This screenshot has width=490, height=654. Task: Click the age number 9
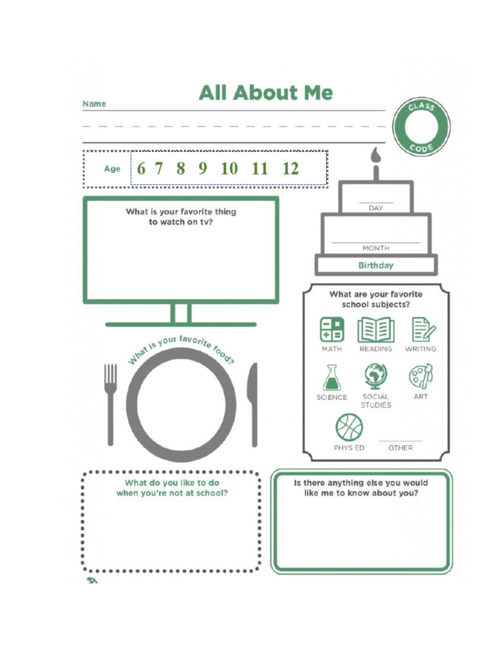[203, 169]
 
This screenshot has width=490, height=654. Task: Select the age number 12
[291, 169]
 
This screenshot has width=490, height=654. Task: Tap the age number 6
[141, 169]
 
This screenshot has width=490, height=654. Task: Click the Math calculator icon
[332, 330]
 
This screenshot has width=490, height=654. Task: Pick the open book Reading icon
[376, 330]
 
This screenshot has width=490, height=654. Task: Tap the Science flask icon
[332, 377]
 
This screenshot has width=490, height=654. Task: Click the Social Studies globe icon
[375, 376]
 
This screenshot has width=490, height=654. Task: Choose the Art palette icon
[421, 376]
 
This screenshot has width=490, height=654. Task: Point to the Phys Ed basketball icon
[349, 427]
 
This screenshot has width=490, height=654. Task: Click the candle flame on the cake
[376, 155]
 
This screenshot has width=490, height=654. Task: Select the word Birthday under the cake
[376, 265]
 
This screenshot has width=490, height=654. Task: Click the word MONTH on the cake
[376, 248]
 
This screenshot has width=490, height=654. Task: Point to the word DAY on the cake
[376, 208]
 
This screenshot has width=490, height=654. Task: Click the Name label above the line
[94, 104]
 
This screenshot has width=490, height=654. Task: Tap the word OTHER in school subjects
[401, 448]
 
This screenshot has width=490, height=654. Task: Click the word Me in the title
[318, 93]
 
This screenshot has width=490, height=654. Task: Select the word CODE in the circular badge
[422, 148]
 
